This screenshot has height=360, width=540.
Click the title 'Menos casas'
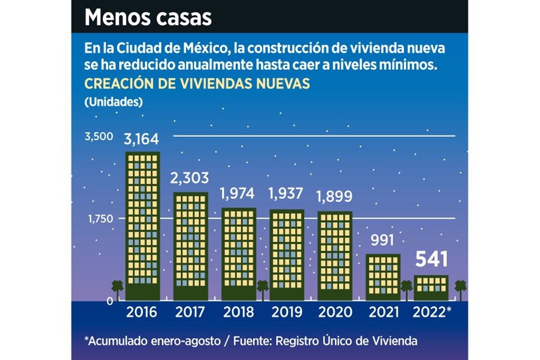click(x=148, y=17)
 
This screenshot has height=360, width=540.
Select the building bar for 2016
click(x=143, y=225)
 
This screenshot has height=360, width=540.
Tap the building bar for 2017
click(x=191, y=246)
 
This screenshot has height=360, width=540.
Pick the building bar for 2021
click(x=382, y=277)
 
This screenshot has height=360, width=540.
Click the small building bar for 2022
click(x=431, y=287)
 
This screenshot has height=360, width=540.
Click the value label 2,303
click(x=190, y=179)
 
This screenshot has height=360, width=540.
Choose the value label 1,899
click(x=334, y=197)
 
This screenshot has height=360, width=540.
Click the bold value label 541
click(x=431, y=259)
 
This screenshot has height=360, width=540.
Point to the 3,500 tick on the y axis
click(x=99, y=137)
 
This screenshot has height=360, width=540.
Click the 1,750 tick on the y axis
click(x=100, y=218)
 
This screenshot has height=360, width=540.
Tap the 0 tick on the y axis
click(x=111, y=301)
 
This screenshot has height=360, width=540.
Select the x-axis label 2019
click(x=287, y=312)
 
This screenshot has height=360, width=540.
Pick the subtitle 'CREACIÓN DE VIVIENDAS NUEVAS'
click(x=197, y=83)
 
